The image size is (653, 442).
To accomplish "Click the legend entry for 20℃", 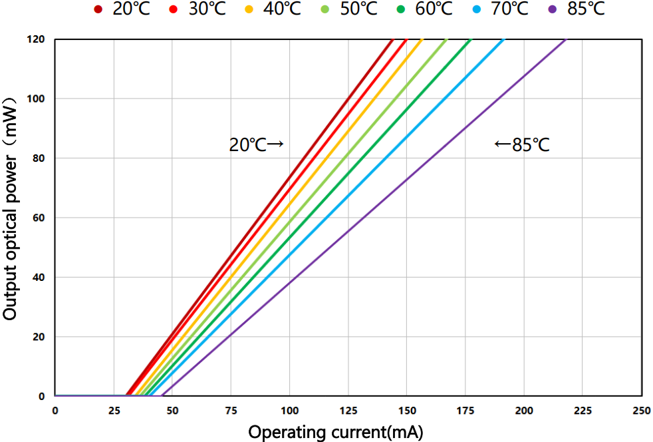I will (x=124, y=10).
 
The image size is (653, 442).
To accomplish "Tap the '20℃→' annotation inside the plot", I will (x=257, y=144).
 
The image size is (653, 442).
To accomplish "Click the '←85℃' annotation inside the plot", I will (x=522, y=144).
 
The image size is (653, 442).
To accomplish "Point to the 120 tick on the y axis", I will (x=36, y=40).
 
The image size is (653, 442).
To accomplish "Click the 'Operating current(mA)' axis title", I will (x=336, y=431).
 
